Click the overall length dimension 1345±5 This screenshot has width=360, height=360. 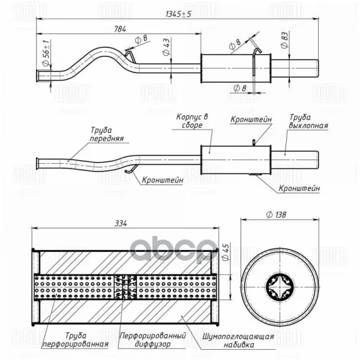coord(178,14)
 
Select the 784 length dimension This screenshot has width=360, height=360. coord(120,29)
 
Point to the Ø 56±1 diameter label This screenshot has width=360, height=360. coord(47,53)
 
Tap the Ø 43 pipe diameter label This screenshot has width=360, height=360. coord(166,47)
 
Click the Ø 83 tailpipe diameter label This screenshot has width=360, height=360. coord(284,40)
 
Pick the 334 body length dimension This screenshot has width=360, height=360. coord(121,223)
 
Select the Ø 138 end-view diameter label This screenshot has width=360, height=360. coord(276,215)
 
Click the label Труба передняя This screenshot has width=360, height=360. coord(107,134)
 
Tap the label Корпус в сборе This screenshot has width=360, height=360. coord(192,121)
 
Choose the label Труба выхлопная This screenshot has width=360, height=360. coord(308,121)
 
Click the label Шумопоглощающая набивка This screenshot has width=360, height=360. coord(238,341)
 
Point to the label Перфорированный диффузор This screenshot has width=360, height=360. coord(152,340)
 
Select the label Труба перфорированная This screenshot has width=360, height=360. coord(76,340)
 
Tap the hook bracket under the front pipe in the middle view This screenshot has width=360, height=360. coord(131,169)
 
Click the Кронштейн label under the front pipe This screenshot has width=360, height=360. coord(163,180)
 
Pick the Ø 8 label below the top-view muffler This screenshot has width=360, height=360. coord(239,88)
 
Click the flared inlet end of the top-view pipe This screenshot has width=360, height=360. coord(38,76)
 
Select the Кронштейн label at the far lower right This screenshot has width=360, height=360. coord(299,188)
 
